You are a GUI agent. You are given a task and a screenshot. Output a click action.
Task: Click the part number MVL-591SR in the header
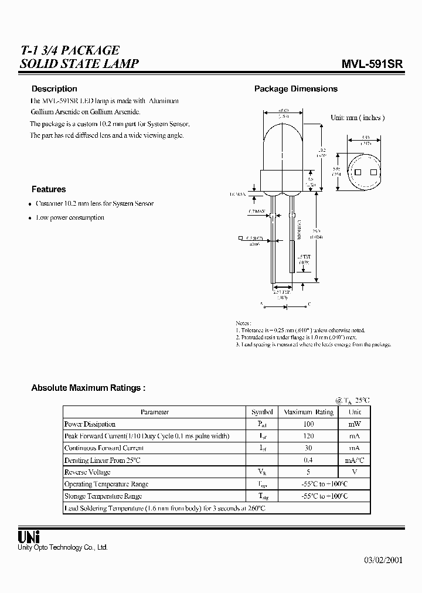pyautogui.click(x=373, y=65)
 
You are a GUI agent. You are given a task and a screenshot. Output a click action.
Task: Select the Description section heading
pyautogui.click(x=54, y=89)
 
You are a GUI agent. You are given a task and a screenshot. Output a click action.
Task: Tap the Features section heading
pyautogui.click(x=49, y=189)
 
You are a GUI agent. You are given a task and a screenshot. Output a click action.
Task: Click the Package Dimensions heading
pyautogui.click(x=295, y=89)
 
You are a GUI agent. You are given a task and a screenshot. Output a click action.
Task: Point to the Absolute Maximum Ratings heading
pyautogui.click(x=88, y=388)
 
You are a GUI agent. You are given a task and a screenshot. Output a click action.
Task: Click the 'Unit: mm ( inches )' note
pyautogui.click(x=358, y=118)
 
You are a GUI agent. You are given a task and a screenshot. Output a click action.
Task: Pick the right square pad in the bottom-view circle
pyautogui.click(x=373, y=171)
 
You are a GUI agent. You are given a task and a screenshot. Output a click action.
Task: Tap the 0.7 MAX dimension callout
pyautogui.click(x=257, y=211)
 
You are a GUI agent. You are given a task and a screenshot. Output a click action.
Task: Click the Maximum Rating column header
pyautogui.click(x=308, y=412)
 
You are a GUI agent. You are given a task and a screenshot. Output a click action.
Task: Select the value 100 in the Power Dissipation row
pyautogui.click(x=308, y=424)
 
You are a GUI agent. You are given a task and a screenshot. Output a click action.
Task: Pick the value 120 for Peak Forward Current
pyautogui.click(x=308, y=436)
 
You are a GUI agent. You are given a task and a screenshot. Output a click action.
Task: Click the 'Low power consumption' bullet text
pyautogui.click(x=70, y=217)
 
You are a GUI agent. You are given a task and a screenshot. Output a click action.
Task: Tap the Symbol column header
pyautogui.click(x=261, y=412)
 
